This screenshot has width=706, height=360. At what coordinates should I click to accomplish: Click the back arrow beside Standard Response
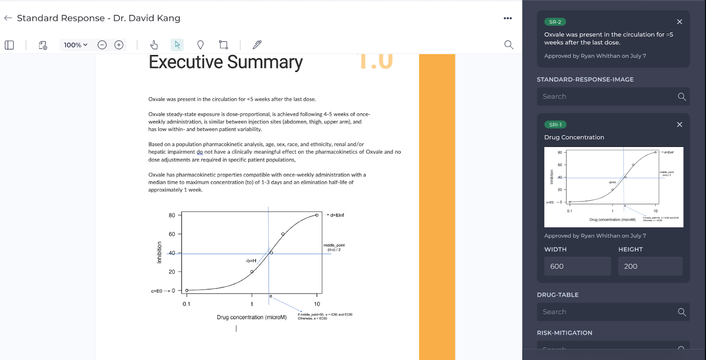8,18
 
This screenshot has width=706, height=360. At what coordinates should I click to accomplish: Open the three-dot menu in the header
508,18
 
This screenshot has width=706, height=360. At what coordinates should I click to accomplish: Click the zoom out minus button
102,45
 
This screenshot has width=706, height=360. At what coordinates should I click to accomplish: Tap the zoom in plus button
119,45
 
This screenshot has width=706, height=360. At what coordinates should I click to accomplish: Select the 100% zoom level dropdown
75,45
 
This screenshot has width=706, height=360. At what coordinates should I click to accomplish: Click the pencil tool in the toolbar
257,45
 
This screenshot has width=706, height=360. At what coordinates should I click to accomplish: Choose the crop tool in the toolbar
223,45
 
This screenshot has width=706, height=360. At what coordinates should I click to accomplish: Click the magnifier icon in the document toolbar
509,45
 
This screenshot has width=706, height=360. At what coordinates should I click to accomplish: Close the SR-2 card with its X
680,22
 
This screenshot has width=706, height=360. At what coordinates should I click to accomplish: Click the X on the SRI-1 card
680,124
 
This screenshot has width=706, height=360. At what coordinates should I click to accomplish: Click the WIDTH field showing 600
577,266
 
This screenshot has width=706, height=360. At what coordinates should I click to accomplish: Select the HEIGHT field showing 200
650,266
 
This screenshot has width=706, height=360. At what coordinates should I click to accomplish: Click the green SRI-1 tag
555,125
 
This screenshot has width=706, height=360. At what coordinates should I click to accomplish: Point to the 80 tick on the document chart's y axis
172,215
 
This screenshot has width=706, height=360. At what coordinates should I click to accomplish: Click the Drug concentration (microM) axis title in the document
252,317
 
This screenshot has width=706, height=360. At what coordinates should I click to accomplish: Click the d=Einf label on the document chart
337,215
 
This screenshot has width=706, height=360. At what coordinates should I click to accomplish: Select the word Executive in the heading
186,62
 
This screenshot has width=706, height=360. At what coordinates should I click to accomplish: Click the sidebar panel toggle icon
9,45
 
